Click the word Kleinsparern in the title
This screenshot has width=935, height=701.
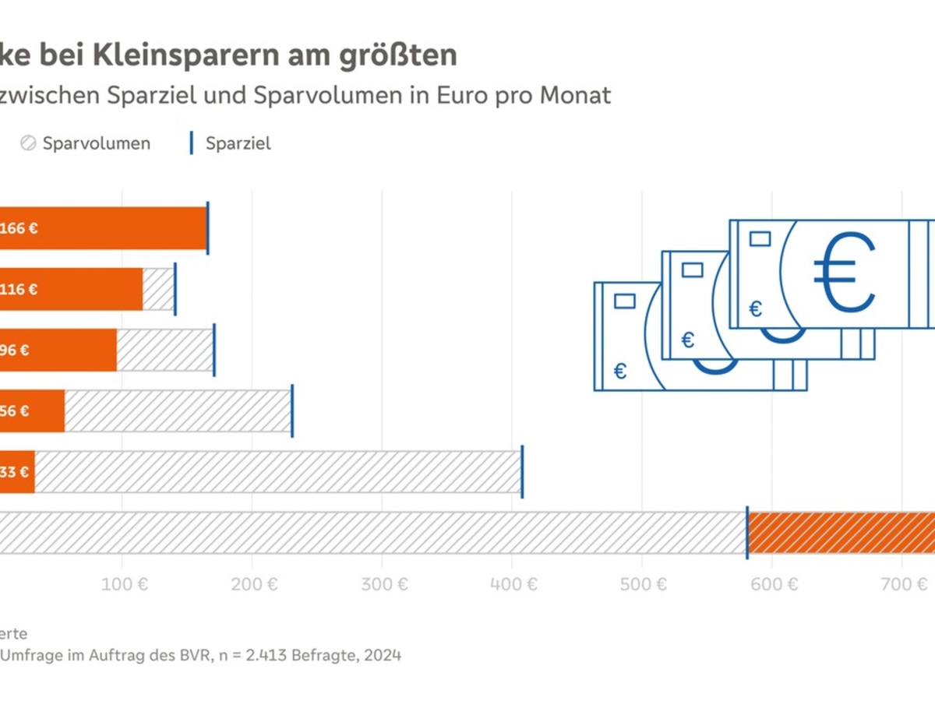click(173, 55)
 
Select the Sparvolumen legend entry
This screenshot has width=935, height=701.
click(97, 143)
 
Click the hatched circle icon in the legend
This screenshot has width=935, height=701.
click(28, 143)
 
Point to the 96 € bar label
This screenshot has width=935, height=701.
click(14, 350)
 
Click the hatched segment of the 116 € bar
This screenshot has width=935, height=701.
click(158, 290)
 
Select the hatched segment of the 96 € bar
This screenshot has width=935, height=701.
click(164, 350)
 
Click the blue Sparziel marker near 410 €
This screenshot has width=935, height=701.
click(522, 471)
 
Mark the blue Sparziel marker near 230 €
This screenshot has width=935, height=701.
click(292, 410)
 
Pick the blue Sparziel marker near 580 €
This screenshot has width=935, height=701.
click(747, 532)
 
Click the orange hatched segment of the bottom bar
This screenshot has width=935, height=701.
click(841, 532)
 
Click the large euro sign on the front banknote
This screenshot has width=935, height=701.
click(843, 270)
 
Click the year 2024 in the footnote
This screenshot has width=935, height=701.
click(383, 655)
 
